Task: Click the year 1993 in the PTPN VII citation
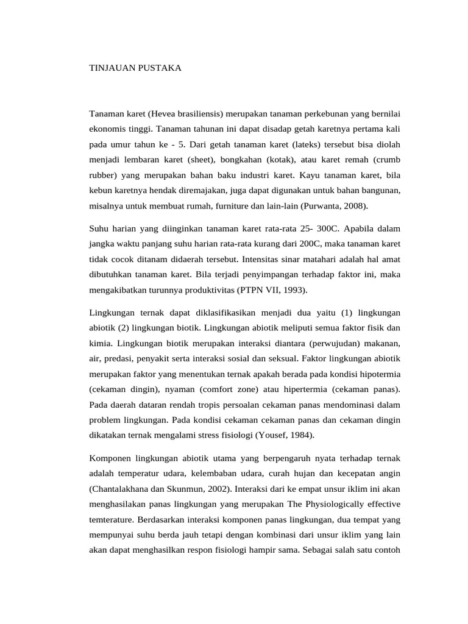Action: (294, 289)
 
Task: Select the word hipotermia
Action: (379, 373)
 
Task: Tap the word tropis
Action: (217, 403)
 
